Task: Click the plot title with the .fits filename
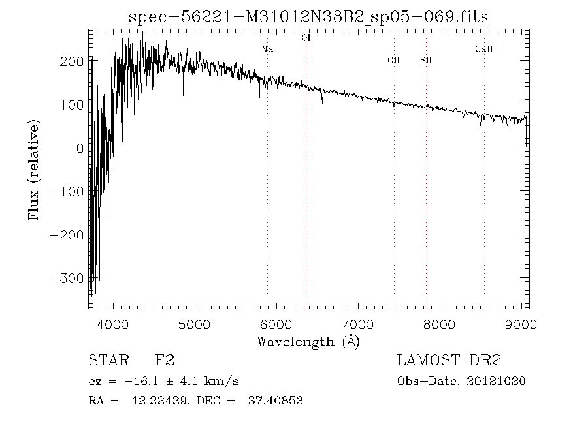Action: pyautogui.click(x=308, y=18)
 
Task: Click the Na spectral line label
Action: pyautogui.click(x=267, y=49)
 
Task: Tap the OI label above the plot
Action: pyautogui.click(x=306, y=38)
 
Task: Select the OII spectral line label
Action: pyautogui.click(x=393, y=60)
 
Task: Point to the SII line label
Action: pyautogui.click(x=426, y=60)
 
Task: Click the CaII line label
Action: pyautogui.click(x=483, y=49)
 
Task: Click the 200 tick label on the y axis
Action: pyautogui.click(x=71, y=61)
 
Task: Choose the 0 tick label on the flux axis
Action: pyautogui.click(x=79, y=148)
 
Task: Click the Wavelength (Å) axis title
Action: pyautogui.click(x=308, y=341)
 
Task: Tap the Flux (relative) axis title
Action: pyautogui.click(x=34, y=170)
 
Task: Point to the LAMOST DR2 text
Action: pyautogui.click(x=449, y=361)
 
